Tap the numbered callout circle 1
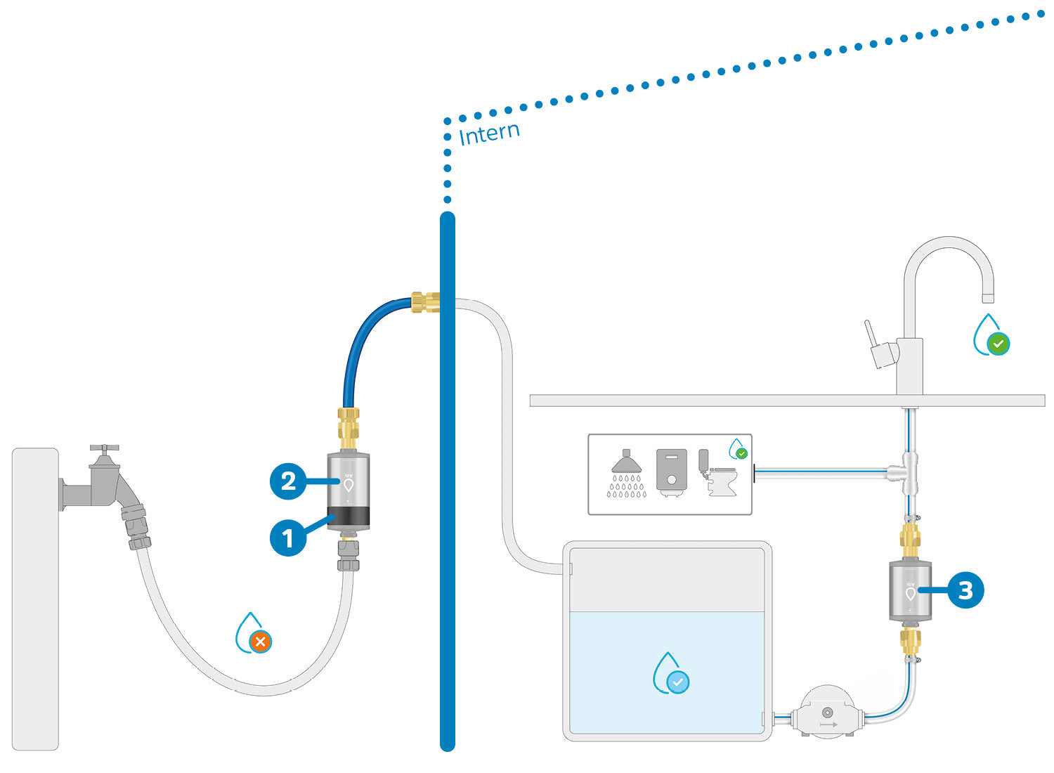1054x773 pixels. pyautogui.click(x=288, y=538)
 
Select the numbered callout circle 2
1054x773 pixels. pyautogui.click(x=288, y=481)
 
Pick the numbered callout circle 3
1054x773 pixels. pyautogui.click(x=965, y=590)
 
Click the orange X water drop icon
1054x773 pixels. pyautogui.click(x=260, y=641)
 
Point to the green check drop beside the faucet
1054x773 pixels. pyautogui.click(x=997, y=344)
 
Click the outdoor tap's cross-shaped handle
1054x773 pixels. pyautogui.click(x=104, y=448)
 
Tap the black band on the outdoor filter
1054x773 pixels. pyautogui.click(x=349, y=519)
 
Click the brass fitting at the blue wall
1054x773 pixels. pyautogui.click(x=425, y=302)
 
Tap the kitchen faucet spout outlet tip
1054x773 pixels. pyautogui.click(x=987, y=298)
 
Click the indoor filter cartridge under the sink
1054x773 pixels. pyautogui.click(x=910, y=590)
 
